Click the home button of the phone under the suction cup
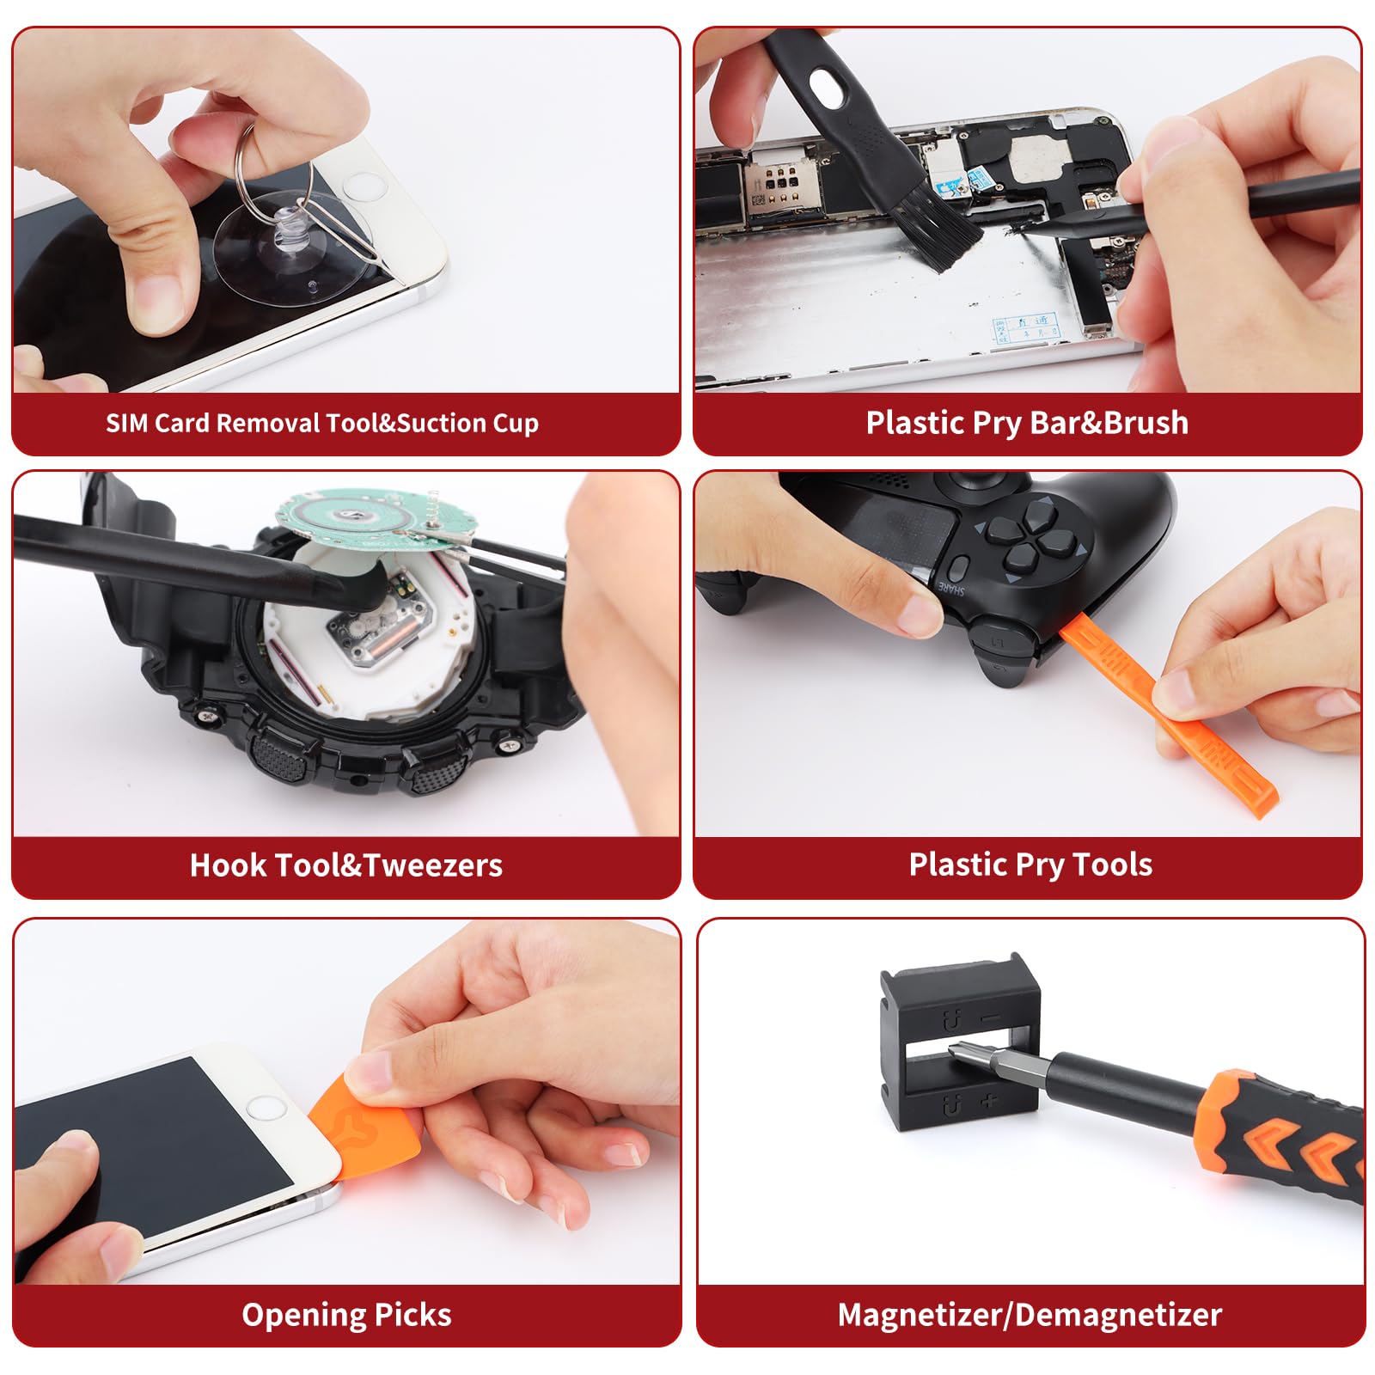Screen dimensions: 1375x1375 (364, 187)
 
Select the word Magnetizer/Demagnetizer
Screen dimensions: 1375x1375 (1030, 1315)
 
